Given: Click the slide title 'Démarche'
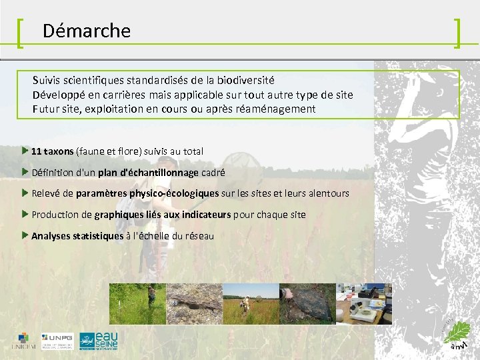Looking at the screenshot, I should [87, 31].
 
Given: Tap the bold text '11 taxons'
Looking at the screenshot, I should [52, 151].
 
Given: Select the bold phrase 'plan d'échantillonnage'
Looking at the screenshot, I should [148, 173].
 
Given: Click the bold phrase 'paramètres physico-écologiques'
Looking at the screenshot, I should [147, 193].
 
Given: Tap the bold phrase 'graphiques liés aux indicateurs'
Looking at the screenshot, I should [162, 215].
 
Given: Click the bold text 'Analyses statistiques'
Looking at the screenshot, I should [77, 236].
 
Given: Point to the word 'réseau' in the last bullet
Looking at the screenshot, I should [199, 236].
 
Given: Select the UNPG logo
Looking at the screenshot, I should [58, 340].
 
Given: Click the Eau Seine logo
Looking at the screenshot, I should [98, 340].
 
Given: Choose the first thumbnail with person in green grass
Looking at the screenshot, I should [137, 303].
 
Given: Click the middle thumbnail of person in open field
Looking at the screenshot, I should [250, 303].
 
